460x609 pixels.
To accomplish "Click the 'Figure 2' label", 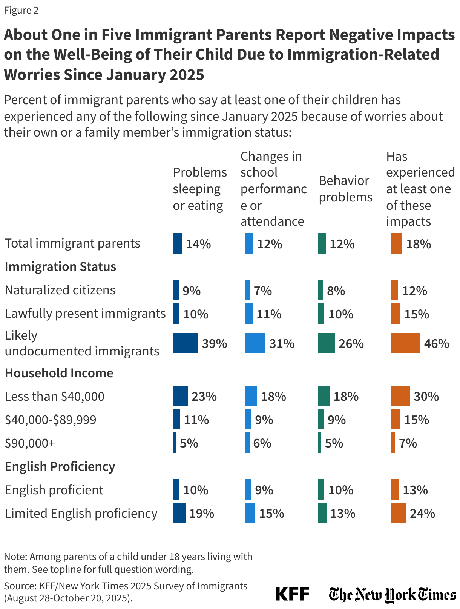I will click(x=21, y=10).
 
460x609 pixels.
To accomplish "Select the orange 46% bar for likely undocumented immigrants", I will click(x=405, y=343).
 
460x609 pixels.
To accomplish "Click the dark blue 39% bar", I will click(x=185, y=343).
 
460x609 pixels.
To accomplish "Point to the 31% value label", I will click(x=282, y=343).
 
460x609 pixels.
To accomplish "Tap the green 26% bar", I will click(x=326, y=343).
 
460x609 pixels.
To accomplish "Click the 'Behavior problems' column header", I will click(x=345, y=189).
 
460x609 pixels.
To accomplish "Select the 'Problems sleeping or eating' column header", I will click(x=199, y=189).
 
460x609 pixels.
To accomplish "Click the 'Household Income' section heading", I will click(x=59, y=373).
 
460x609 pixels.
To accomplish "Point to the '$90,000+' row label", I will click(x=30, y=443).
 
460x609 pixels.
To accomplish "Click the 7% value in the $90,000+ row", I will click(x=408, y=443).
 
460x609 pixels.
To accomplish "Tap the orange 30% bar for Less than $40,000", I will click(x=400, y=396).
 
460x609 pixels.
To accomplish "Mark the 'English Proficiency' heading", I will click(x=60, y=466).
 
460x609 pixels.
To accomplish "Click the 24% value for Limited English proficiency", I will click(x=422, y=513).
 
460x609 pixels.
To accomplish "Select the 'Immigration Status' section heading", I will click(x=60, y=266).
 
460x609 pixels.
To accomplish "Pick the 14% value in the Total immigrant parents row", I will click(x=198, y=244).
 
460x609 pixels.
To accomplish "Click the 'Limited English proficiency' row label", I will click(x=81, y=513).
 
